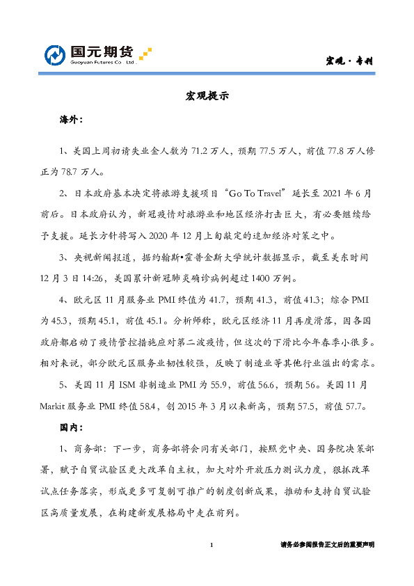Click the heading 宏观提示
click(207, 95)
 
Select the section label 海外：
click(72, 120)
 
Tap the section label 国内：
click(72, 425)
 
